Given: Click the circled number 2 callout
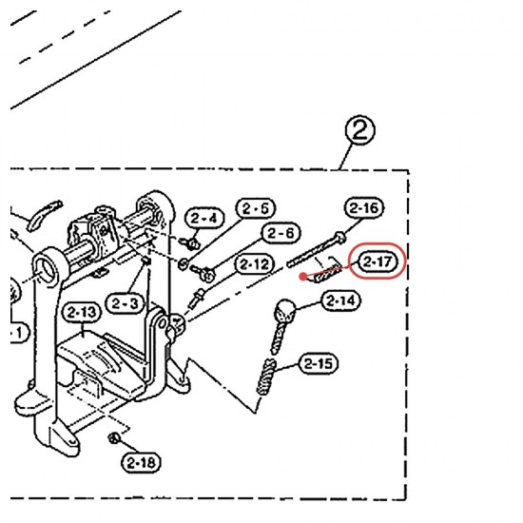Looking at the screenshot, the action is [x=359, y=130].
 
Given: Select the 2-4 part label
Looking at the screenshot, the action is [x=203, y=219].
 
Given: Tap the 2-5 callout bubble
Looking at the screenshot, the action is [x=256, y=208].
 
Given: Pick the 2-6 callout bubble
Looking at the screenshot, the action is [x=281, y=233].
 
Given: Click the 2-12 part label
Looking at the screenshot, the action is [x=255, y=264].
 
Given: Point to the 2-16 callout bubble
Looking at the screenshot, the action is [x=364, y=208].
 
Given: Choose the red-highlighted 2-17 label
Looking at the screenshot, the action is [x=378, y=261].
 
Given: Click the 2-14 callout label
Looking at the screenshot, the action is [x=340, y=300].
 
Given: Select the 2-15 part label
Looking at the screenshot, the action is [x=319, y=363].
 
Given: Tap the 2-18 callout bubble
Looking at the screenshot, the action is [x=141, y=463].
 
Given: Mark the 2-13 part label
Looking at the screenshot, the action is [x=82, y=313].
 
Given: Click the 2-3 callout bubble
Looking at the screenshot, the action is [x=125, y=303].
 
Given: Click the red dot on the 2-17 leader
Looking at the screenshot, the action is [x=303, y=276].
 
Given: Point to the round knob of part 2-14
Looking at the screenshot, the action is [x=285, y=308].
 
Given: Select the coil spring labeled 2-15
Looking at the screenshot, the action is [x=266, y=377].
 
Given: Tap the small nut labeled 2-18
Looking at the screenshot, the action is [x=113, y=437].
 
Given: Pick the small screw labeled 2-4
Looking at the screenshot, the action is [x=190, y=243].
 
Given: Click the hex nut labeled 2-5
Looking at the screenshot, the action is [x=183, y=264].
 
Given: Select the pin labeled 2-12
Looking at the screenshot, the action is [x=197, y=299].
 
